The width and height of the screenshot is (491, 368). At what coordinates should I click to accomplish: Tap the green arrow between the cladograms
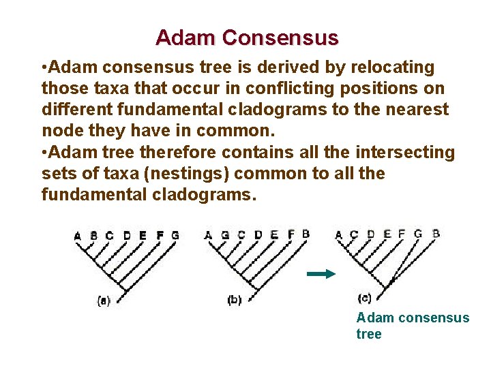coord(321,274)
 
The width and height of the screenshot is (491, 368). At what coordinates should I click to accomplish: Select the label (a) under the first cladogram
coord(104,300)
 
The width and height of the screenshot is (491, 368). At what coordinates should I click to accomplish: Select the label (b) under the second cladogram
coord(234,300)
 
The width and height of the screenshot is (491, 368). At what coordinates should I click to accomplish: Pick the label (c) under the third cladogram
coord(364,298)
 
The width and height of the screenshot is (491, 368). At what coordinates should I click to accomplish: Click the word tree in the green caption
coord(369,334)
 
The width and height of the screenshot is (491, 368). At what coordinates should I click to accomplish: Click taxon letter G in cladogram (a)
coord(175,236)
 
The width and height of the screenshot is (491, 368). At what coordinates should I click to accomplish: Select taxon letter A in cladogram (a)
coord(78,236)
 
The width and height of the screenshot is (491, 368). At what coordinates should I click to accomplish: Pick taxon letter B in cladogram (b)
coord(306,234)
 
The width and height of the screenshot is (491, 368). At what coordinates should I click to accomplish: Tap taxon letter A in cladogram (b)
coord(209,236)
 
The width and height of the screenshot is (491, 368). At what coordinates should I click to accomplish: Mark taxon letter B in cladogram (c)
coord(436,233)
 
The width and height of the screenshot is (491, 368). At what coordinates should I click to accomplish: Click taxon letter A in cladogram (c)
coord(339,235)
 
